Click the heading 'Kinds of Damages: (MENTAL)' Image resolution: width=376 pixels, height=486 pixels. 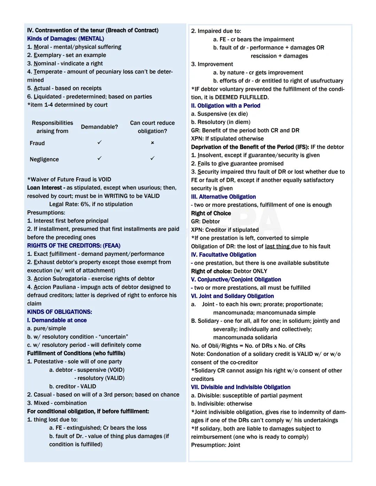[x=65, y=39]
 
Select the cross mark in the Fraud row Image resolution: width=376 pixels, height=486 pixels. [x=152, y=143]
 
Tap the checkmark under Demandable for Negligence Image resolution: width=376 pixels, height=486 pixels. [x=100, y=158]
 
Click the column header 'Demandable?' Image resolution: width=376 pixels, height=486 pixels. [x=99, y=127]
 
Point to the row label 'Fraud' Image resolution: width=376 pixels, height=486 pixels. [x=37, y=143]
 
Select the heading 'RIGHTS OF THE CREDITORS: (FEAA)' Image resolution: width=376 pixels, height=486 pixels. [x=74, y=246]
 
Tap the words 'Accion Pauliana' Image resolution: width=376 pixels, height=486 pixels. [x=55, y=287]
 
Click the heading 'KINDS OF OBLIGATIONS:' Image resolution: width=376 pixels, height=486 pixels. [x=60, y=312]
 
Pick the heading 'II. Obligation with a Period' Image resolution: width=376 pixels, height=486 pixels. [x=226, y=106]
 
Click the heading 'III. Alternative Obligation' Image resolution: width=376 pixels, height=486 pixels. [x=223, y=197]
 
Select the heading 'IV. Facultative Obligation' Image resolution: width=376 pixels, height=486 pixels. [x=224, y=255]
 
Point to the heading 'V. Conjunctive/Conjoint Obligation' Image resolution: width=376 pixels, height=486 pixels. [x=236, y=280]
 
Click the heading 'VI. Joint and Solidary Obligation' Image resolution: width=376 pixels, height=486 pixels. [x=232, y=296]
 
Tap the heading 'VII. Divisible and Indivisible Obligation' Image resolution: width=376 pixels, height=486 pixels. [x=241, y=387]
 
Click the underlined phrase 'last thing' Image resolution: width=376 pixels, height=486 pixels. [x=277, y=246]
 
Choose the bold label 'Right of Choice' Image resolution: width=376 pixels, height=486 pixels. [x=211, y=213]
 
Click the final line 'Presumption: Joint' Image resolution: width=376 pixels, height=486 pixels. [x=216, y=445]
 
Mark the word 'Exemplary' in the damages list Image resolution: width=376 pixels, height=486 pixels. [x=48, y=55]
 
